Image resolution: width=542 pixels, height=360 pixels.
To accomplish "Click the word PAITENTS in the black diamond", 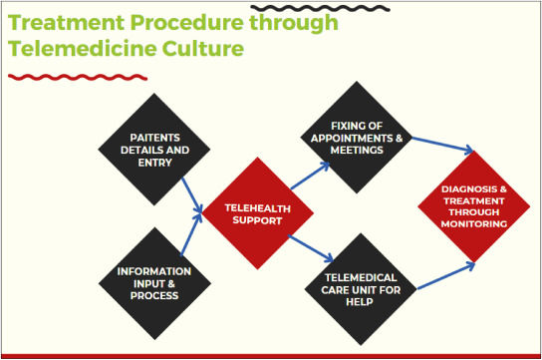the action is pyautogui.click(x=154, y=138).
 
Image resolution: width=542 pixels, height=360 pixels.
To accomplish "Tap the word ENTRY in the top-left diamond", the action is pyautogui.click(x=154, y=163).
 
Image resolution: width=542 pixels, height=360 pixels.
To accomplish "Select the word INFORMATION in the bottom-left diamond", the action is pyautogui.click(x=154, y=271).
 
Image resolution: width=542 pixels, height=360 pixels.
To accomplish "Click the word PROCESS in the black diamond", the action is pyautogui.click(x=154, y=295).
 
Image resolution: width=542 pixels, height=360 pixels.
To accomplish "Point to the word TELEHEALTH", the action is pyautogui.click(x=257, y=208).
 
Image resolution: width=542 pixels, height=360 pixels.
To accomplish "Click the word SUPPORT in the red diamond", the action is pyautogui.click(x=257, y=220).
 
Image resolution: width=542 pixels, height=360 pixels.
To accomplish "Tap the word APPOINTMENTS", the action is pyautogui.click(x=352, y=139).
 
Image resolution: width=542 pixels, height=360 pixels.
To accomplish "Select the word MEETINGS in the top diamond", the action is pyautogui.click(x=357, y=151).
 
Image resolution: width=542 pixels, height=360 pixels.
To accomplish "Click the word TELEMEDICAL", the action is pyautogui.click(x=361, y=277).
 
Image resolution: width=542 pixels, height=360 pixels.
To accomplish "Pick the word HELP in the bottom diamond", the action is pyautogui.click(x=360, y=302).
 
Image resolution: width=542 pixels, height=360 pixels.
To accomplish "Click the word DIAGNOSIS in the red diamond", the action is pyautogui.click(x=469, y=189).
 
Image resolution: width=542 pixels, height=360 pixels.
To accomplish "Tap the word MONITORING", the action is pyautogui.click(x=474, y=224).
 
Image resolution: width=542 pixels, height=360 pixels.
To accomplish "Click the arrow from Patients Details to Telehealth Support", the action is pyautogui.click(x=192, y=195).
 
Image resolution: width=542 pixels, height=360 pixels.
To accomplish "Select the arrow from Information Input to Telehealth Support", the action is pyautogui.click(x=191, y=234).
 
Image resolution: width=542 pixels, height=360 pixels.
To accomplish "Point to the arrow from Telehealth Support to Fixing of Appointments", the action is pyautogui.click(x=311, y=177).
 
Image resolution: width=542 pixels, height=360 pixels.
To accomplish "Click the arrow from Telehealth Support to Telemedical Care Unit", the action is pyautogui.click(x=311, y=248).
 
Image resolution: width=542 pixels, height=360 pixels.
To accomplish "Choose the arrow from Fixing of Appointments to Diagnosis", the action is pyautogui.click(x=442, y=145).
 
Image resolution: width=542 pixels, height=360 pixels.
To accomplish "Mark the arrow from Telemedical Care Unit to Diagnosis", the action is pyautogui.click(x=446, y=276).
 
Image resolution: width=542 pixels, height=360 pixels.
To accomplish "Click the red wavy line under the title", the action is pyautogui.click(x=78, y=77).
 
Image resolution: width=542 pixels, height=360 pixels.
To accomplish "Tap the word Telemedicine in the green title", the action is pyautogui.click(x=83, y=48).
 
